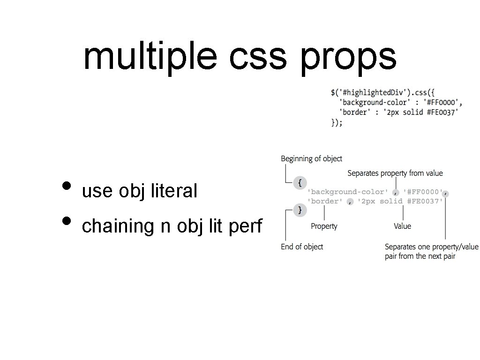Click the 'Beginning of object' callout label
tap(311, 159)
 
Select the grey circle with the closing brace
tap(300, 210)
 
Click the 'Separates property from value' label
tap(395, 173)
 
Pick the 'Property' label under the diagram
tap(324, 226)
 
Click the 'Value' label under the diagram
tap(402, 226)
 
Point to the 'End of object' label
tap(302, 247)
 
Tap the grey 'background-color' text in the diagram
tap(347, 192)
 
